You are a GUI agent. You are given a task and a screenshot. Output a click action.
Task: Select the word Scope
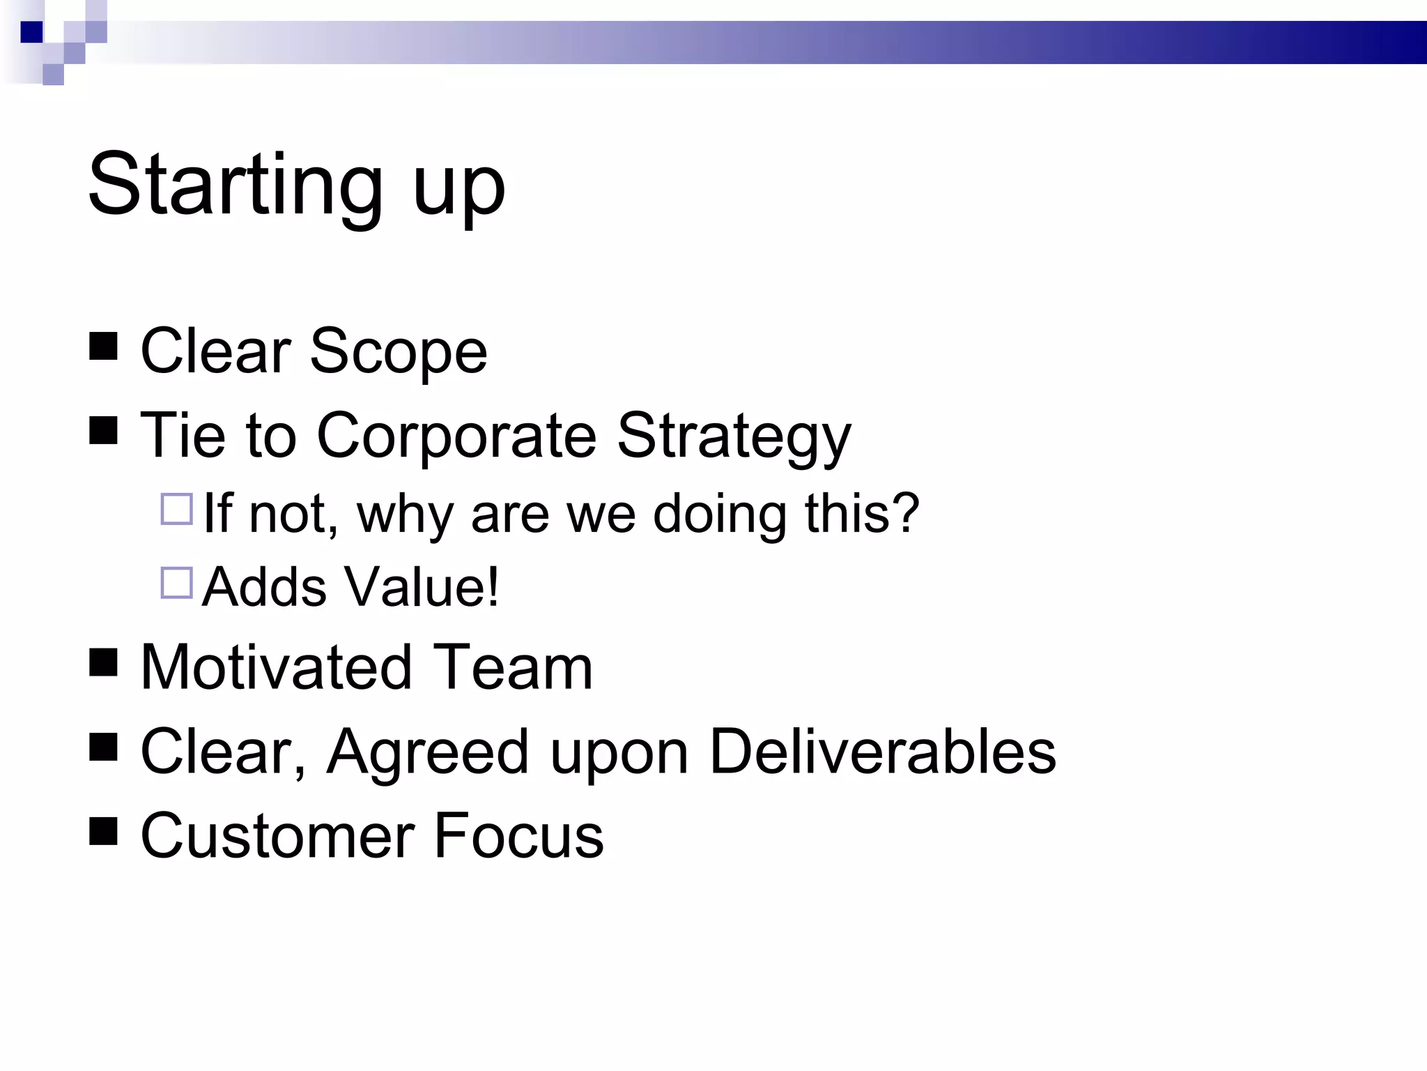(398, 351)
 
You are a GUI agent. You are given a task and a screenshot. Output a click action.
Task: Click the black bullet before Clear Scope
(103, 347)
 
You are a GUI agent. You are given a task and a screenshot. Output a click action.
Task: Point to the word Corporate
(456, 436)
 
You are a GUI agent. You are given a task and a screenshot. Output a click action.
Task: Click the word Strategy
(734, 438)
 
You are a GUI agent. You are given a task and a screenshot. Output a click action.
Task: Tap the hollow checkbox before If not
(176, 509)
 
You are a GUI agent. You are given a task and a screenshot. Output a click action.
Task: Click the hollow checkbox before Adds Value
(176, 583)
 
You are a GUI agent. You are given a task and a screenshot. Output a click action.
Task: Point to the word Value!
(422, 586)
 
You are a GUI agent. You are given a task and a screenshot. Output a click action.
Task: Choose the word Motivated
(276, 667)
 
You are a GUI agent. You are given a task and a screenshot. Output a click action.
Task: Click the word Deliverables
(882, 752)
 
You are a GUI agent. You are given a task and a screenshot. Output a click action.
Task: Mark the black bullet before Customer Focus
(103, 830)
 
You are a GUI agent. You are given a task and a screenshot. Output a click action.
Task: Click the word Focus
(518, 835)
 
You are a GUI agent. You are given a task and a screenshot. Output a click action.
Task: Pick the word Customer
(277, 835)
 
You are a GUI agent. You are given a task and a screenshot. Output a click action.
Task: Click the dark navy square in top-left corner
(32, 32)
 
